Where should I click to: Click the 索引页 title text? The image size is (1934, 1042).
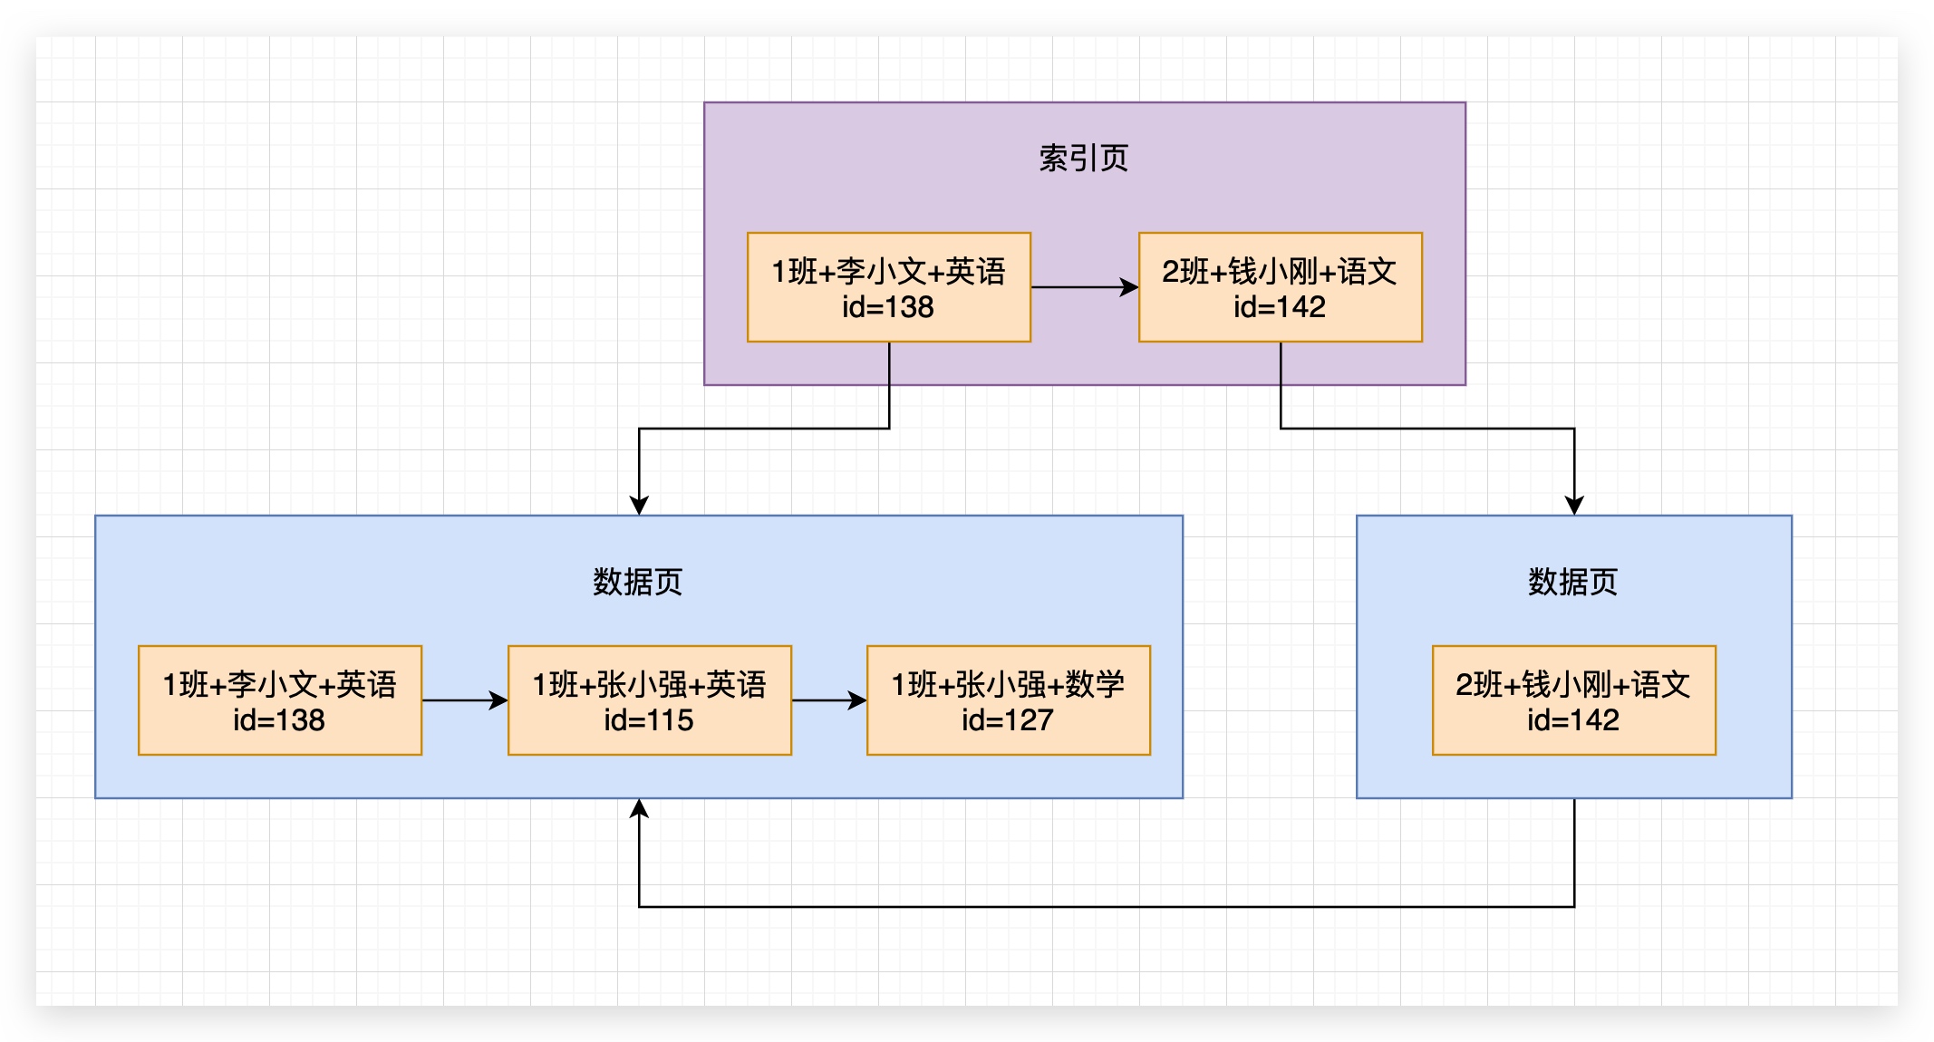1083,159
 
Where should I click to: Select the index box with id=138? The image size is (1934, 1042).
888,286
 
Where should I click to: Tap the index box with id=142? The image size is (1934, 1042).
1280,286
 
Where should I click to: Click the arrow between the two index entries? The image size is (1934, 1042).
1084,287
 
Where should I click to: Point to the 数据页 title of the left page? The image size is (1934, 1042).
637,582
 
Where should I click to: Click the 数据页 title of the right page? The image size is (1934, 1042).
1572,582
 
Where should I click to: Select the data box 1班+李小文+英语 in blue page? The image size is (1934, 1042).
279,699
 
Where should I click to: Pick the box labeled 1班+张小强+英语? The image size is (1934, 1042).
649,699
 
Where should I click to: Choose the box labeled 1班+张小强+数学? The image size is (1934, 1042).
1008,699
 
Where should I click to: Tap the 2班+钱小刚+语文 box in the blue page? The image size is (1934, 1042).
1573,699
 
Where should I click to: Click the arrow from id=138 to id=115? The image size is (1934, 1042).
464,700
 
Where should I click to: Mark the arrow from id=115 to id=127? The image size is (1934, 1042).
828,700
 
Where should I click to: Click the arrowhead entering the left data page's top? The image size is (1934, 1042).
639,506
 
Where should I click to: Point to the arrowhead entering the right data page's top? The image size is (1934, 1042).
1574,506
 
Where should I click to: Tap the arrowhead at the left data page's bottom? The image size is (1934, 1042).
639,808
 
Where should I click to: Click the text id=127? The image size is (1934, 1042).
1008,720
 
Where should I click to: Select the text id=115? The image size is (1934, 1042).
649,720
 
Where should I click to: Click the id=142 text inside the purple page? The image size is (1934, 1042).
1280,307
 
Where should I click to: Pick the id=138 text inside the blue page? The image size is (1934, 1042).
279,720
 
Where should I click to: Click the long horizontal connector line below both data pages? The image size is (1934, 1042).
1106,906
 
